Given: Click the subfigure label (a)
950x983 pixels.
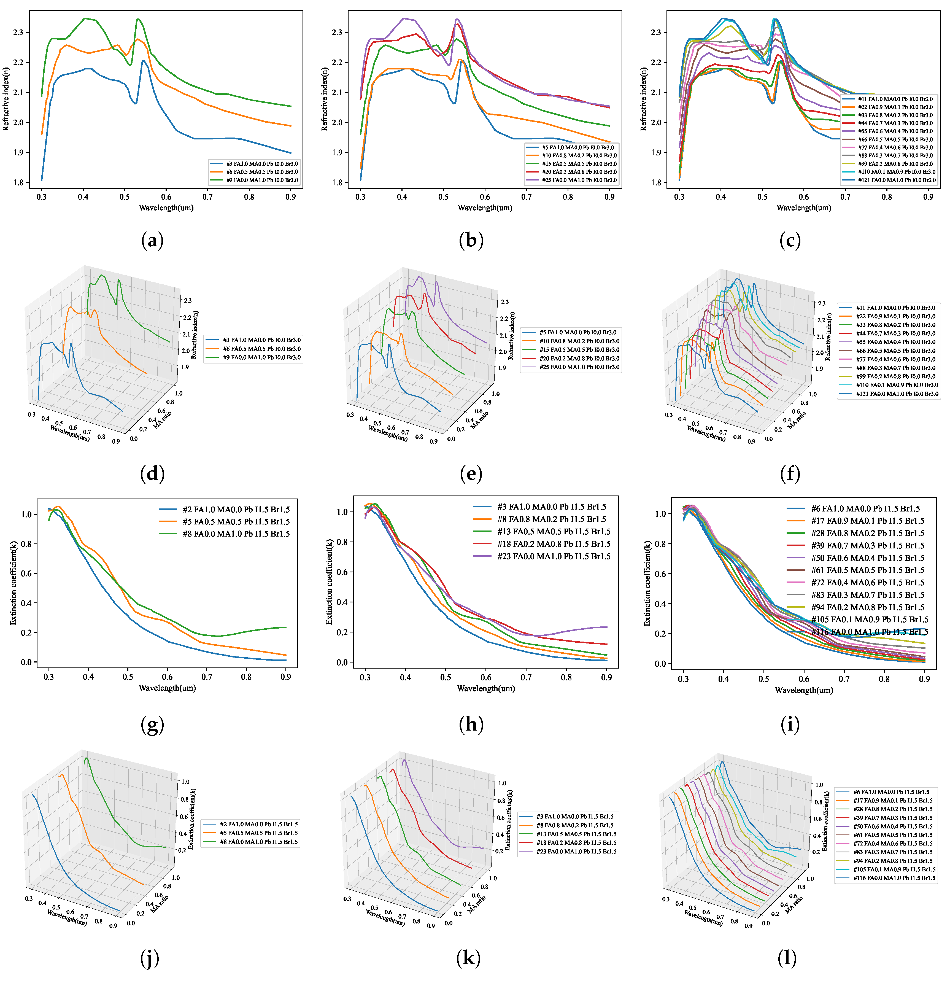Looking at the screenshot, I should (x=152, y=241).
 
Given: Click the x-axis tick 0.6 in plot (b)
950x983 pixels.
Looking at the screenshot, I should (x=485, y=197).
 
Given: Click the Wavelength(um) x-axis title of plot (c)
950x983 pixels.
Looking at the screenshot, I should (x=804, y=208).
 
